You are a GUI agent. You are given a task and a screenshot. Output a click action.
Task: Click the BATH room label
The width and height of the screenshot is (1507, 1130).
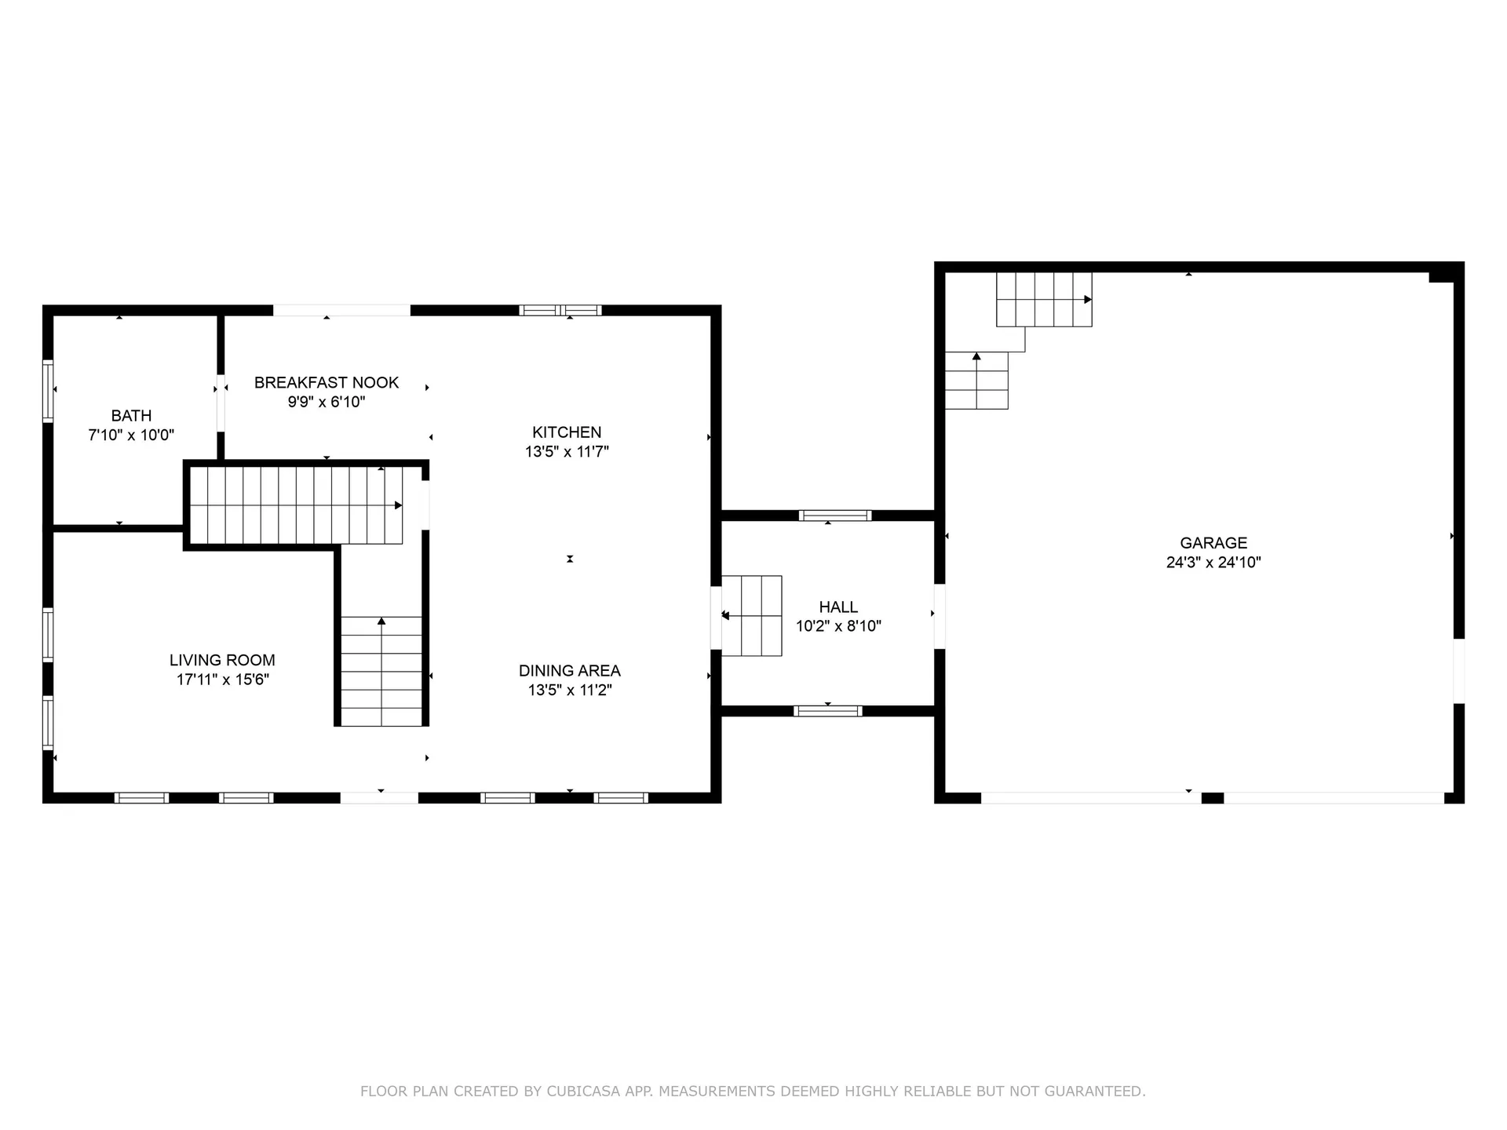click(x=131, y=416)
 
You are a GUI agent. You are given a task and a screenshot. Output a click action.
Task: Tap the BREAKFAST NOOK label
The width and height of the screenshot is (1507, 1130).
click(x=327, y=383)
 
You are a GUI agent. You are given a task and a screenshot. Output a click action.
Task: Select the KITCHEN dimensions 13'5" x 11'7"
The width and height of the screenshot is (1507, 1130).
click(x=567, y=452)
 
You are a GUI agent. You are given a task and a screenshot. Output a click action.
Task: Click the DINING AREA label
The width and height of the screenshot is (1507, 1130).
click(x=569, y=671)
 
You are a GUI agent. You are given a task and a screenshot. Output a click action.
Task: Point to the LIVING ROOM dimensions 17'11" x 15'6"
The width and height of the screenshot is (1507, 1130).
click(x=222, y=680)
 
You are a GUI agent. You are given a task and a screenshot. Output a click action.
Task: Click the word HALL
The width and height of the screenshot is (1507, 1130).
click(x=838, y=607)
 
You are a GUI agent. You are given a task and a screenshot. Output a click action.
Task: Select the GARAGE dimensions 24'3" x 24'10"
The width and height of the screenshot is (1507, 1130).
click(x=1213, y=563)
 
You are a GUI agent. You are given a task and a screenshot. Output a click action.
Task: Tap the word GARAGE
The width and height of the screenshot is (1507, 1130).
click(x=1213, y=543)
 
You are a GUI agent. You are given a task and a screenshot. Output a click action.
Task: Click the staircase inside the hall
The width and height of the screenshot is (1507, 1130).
click(x=752, y=616)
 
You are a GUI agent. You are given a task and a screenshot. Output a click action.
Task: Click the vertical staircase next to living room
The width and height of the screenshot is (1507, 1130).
click(x=381, y=671)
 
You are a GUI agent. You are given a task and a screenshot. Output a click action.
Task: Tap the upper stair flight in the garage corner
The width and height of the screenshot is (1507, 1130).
click(x=1043, y=300)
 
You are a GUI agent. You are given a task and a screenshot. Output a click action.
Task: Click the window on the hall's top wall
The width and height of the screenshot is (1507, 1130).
click(x=835, y=516)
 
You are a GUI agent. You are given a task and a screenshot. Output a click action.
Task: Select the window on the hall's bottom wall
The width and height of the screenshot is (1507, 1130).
click(x=828, y=711)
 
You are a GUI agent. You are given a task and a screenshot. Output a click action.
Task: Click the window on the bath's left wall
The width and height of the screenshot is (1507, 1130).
click(x=48, y=390)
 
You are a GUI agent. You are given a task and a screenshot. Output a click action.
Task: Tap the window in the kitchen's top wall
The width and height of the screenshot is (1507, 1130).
click(x=560, y=310)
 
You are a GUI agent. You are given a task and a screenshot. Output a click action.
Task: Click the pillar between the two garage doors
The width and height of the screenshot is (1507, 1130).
click(x=1212, y=798)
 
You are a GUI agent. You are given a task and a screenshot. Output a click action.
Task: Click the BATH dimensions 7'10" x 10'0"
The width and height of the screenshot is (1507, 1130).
click(x=131, y=436)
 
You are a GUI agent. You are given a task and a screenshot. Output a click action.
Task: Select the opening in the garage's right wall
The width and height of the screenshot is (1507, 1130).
click(x=1458, y=671)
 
